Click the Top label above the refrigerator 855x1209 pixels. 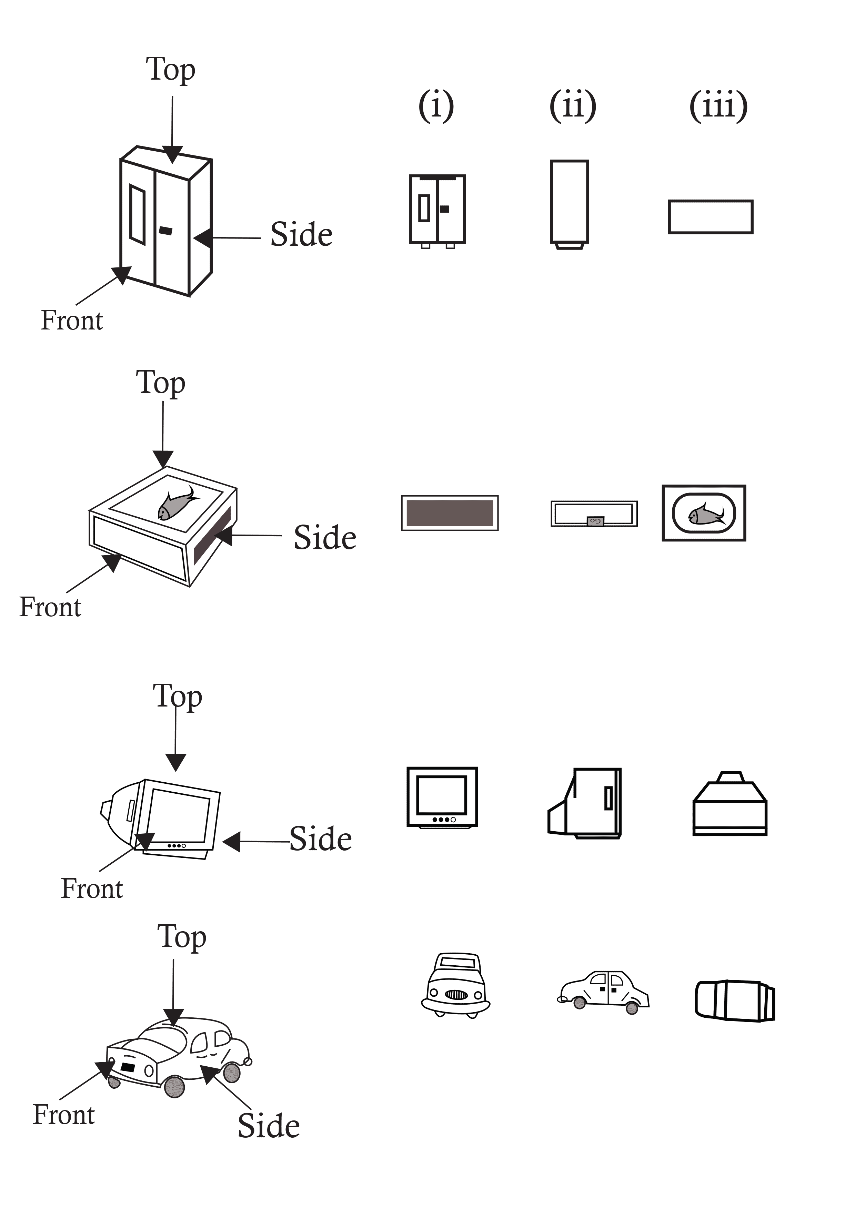(x=171, y=70)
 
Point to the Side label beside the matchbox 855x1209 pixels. (x=325, y=538)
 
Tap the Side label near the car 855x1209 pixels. (x=269, y=1126)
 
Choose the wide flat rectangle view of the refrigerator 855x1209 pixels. (x=711, y=216)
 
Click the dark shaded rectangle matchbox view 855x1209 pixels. (x=450, y=513)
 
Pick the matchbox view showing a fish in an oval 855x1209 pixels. (x=704, y=513)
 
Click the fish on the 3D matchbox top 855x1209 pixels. (x=177, y=504)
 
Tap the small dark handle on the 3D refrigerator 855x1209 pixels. (x=165, y=231)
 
